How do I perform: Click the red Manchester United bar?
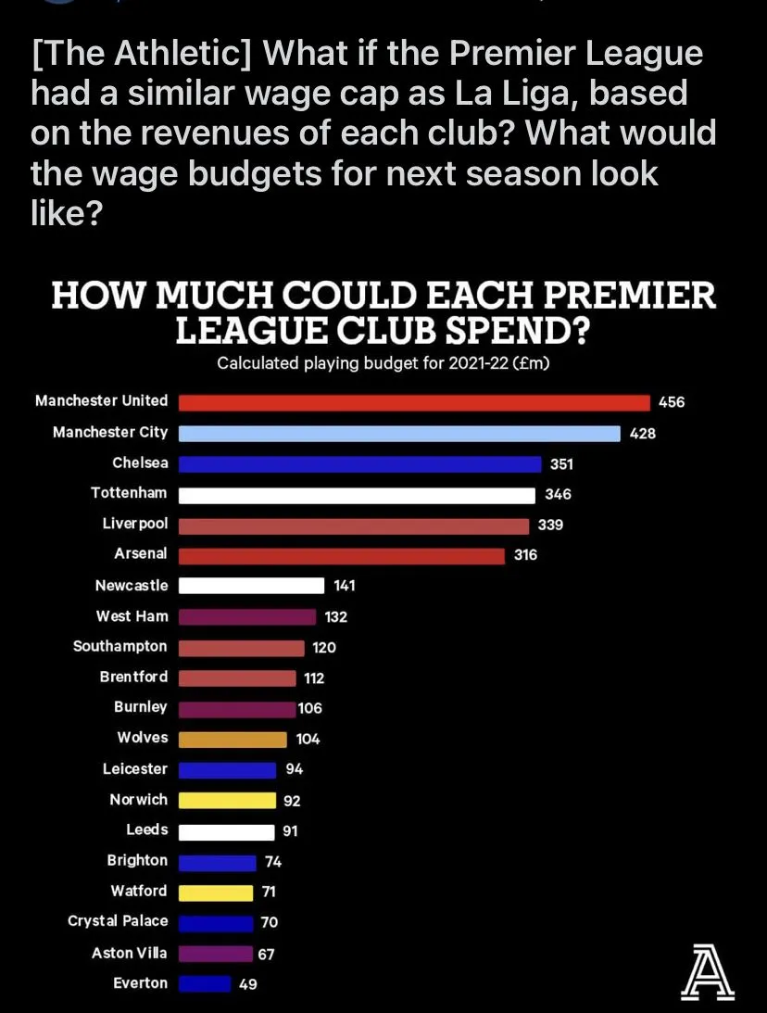414,402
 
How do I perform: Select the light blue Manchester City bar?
399,433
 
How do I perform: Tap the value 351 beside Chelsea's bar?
561,463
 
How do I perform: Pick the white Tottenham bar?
357,495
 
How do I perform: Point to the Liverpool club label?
135,524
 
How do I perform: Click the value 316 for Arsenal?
525,555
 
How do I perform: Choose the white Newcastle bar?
251,586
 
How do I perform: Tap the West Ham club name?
132,615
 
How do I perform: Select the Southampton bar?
241,647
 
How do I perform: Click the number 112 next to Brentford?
314,677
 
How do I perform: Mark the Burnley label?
141,706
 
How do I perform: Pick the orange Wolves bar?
233,739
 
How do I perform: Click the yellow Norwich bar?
227,800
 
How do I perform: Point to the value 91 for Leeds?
290,831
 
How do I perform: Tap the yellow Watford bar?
215,893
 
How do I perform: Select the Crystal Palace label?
119,920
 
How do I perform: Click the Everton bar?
204,983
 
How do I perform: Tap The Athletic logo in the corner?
707,972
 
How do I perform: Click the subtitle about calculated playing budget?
383,363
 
